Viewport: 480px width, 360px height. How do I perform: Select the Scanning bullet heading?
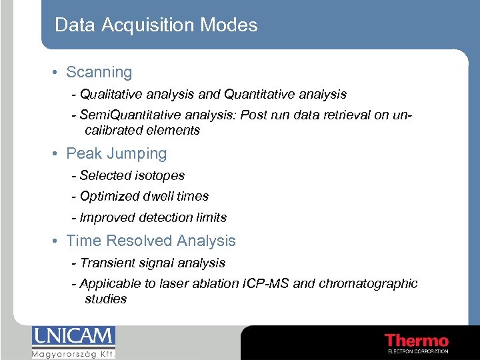click(99, 72)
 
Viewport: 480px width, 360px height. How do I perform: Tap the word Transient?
click(107, 263)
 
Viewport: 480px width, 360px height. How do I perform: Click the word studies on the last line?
click(105, 299)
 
